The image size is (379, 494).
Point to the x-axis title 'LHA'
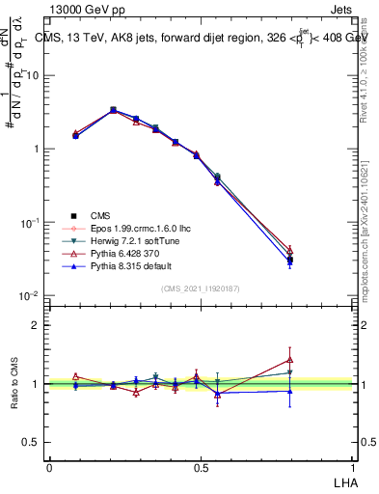[x=344, y=481]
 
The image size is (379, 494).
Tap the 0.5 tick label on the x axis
[x=203, y=467]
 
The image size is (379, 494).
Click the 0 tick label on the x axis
[x=49, y=467]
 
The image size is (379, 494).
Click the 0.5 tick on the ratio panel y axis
[x=31, y=442]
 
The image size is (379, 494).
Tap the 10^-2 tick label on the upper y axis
[x=29, y=295]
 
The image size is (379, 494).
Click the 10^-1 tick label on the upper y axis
[x=29, y=222]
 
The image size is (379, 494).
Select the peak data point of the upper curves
[x=114, y=110]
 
